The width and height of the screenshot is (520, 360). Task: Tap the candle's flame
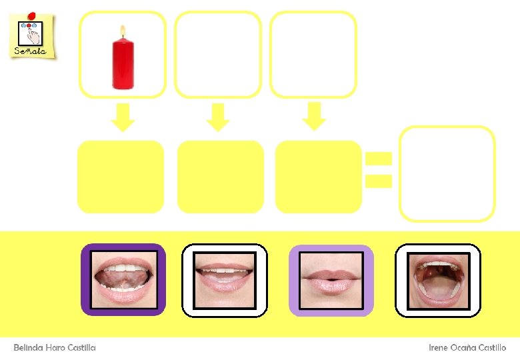(x=123, y=31)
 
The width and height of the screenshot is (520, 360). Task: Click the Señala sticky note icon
(x=31, y=35)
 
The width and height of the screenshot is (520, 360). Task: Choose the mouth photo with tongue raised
(x=123, y=280)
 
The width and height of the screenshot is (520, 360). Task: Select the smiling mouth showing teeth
(x=225, y=280)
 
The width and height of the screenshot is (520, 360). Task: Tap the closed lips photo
(x=331, y=280)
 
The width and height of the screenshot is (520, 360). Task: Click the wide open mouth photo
(x=438, y=280)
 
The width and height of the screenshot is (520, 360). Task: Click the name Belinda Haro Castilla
(x=55, y=348)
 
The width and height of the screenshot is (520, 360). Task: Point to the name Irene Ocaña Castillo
(x=467, y=348)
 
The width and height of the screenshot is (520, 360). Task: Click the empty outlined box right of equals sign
(x=447, y=173)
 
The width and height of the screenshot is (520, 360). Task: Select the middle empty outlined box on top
(x=218, y=55)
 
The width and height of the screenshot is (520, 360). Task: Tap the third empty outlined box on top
(x=313, y=55)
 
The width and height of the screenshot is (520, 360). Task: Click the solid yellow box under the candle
(x=121, y=177)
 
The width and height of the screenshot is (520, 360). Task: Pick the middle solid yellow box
(x=221, y=177)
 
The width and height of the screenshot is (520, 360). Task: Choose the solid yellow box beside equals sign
(x=319, y=177)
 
